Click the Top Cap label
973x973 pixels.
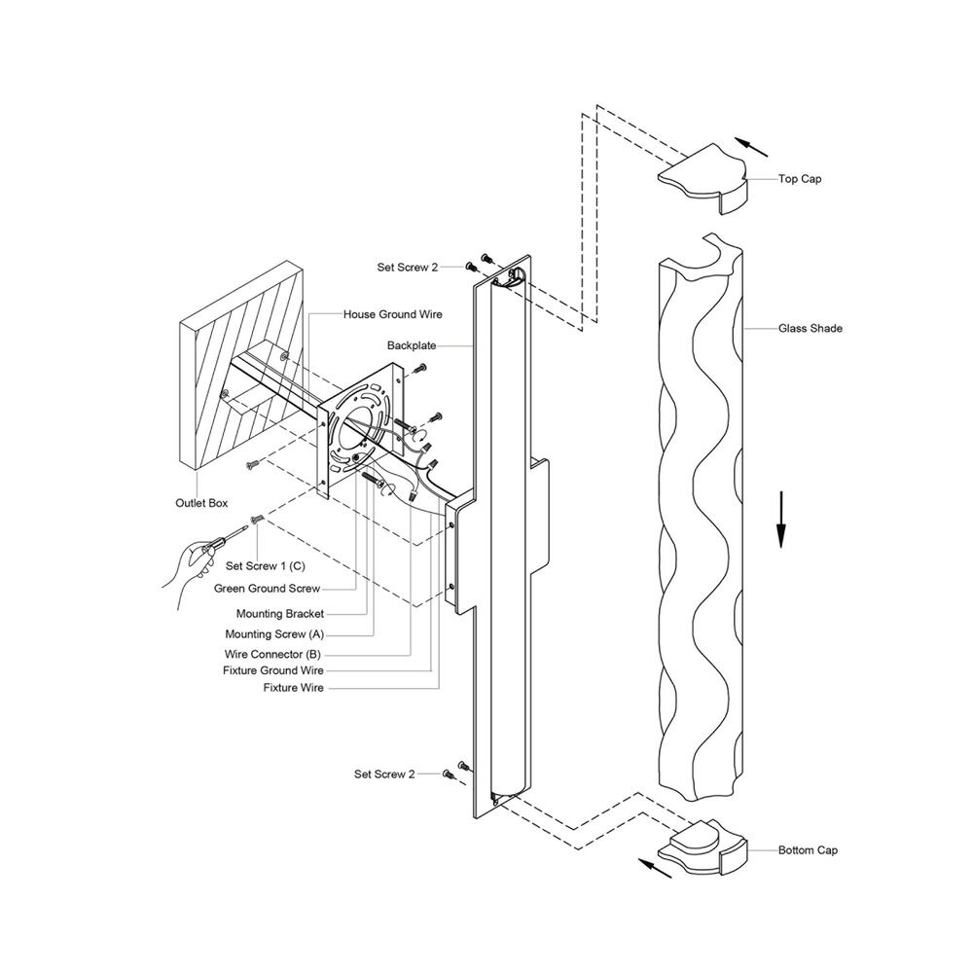[800, 179]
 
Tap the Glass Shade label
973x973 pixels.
[811, 328]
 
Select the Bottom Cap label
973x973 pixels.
[808, 850]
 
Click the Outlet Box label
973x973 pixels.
[201, 503]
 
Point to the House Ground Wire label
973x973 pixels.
[393, 314]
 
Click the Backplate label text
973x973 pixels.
[412, 345]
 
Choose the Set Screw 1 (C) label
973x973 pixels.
[266, 566]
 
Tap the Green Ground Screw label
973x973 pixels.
[267, 589]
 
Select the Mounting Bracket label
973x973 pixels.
[280, 614]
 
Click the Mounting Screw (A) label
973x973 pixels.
[274, 634]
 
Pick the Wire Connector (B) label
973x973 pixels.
[272, 654]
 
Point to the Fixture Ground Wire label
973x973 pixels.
[273, 670]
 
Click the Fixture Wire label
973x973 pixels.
[294, 688]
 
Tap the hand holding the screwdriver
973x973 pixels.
[190, 568]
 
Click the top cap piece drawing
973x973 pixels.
[703, 179]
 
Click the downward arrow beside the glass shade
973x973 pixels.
[781, 520]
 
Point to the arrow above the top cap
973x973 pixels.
[751, 147]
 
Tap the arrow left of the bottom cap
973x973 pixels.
[655, 868]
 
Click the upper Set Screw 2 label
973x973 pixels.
[407, 268]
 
